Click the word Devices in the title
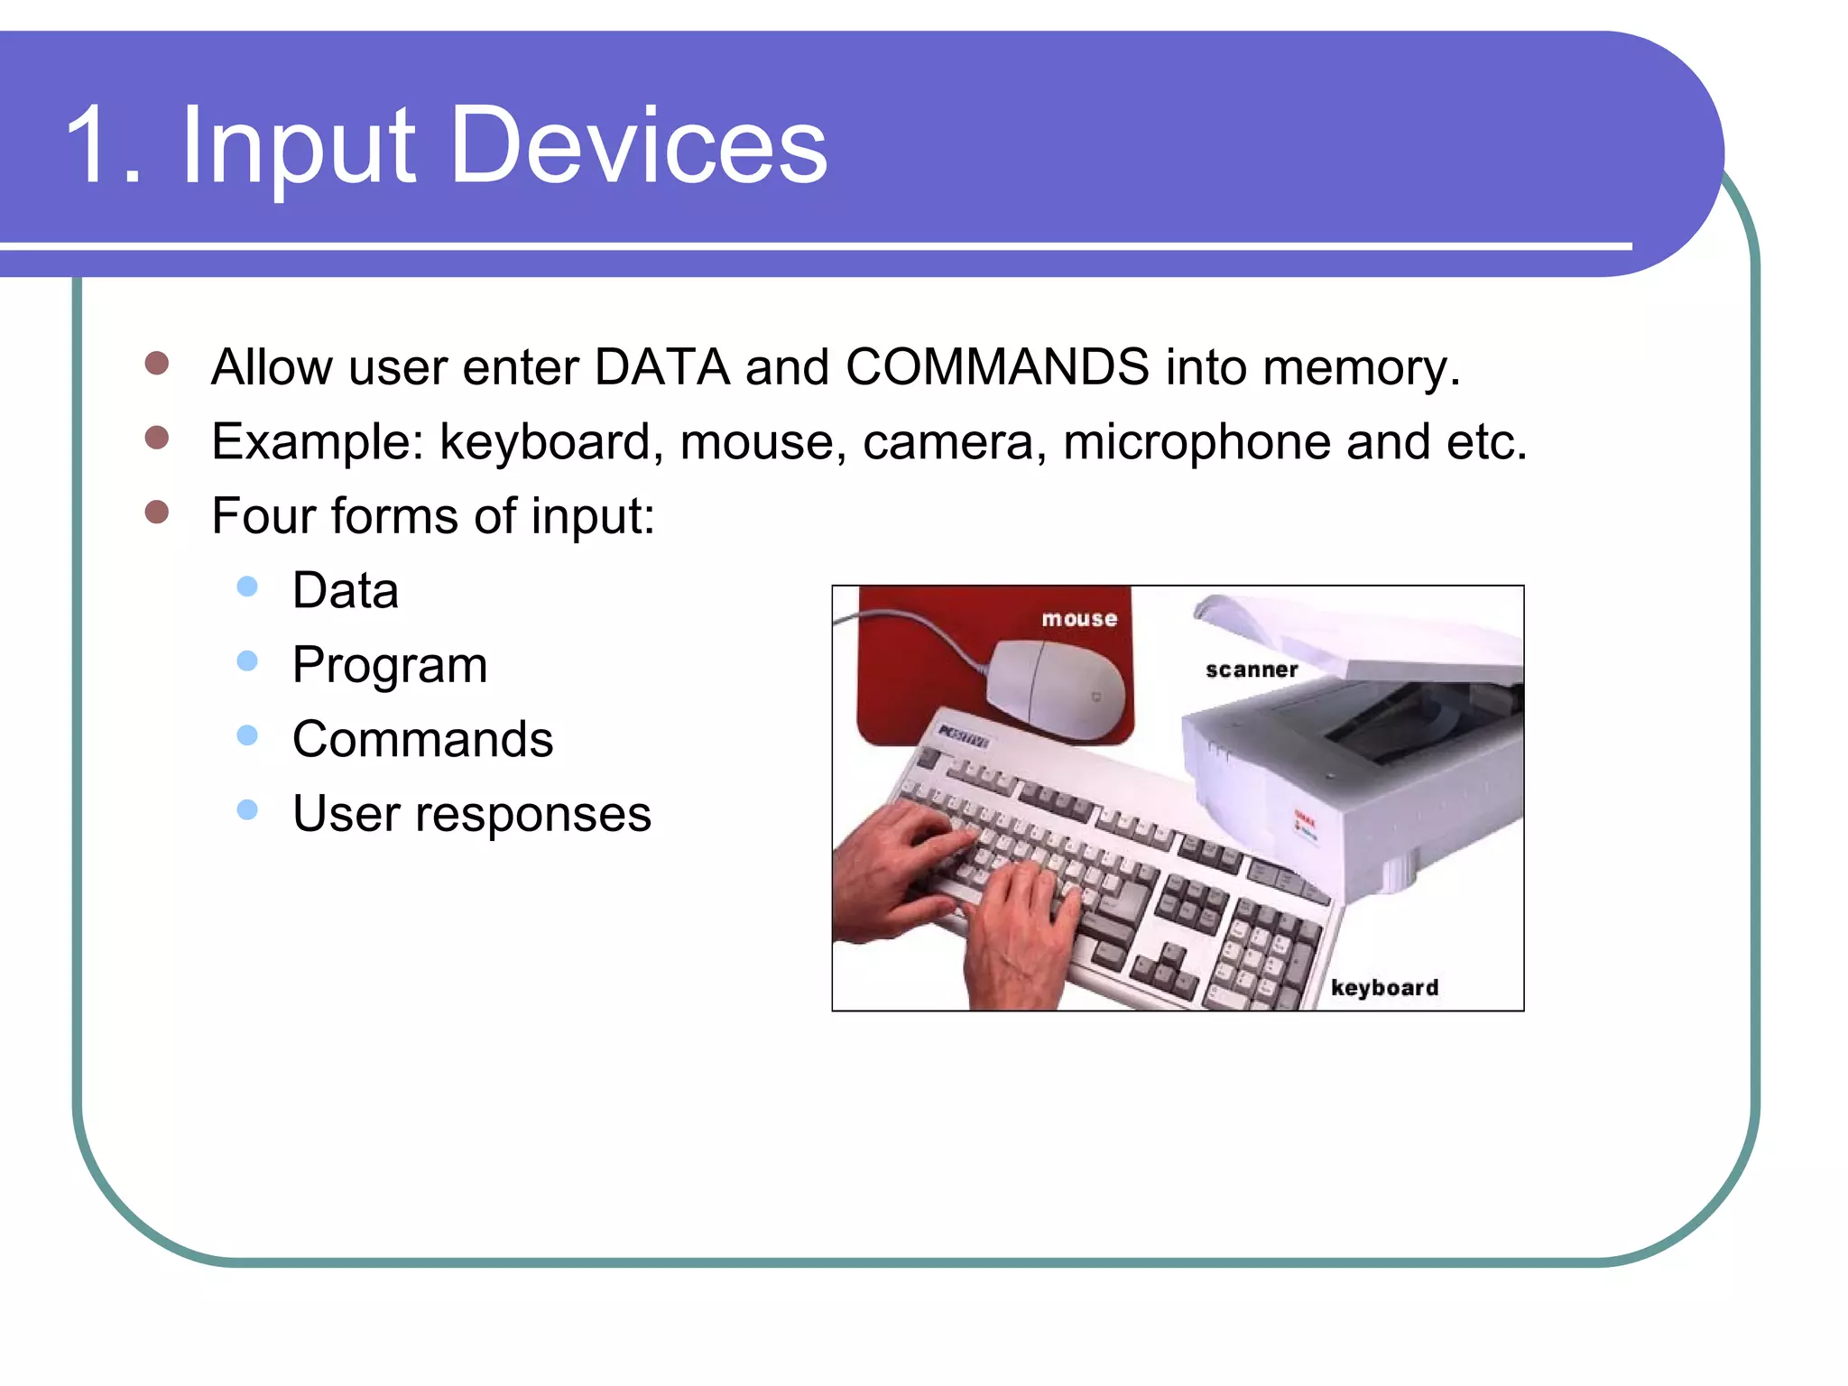[x=637, y=144]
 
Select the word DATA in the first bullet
[x=661, y=367]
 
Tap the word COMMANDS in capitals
[x=997, y=367]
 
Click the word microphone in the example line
[x=1196, y=442]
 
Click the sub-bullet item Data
[x=345, y=591]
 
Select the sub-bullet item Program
[x=389, y=667]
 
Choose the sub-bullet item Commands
[x=422, y=740]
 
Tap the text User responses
[x=471, y=815]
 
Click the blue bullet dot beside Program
[x=247, y=661]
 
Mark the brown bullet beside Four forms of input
[x=157, y=512]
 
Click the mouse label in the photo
[x=1079, y=619]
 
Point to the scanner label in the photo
[x=1252, y=670]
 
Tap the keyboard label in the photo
[x=1384, y=987]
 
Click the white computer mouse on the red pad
[x=1056, y=690]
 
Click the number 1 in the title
[x=90, y=144]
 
